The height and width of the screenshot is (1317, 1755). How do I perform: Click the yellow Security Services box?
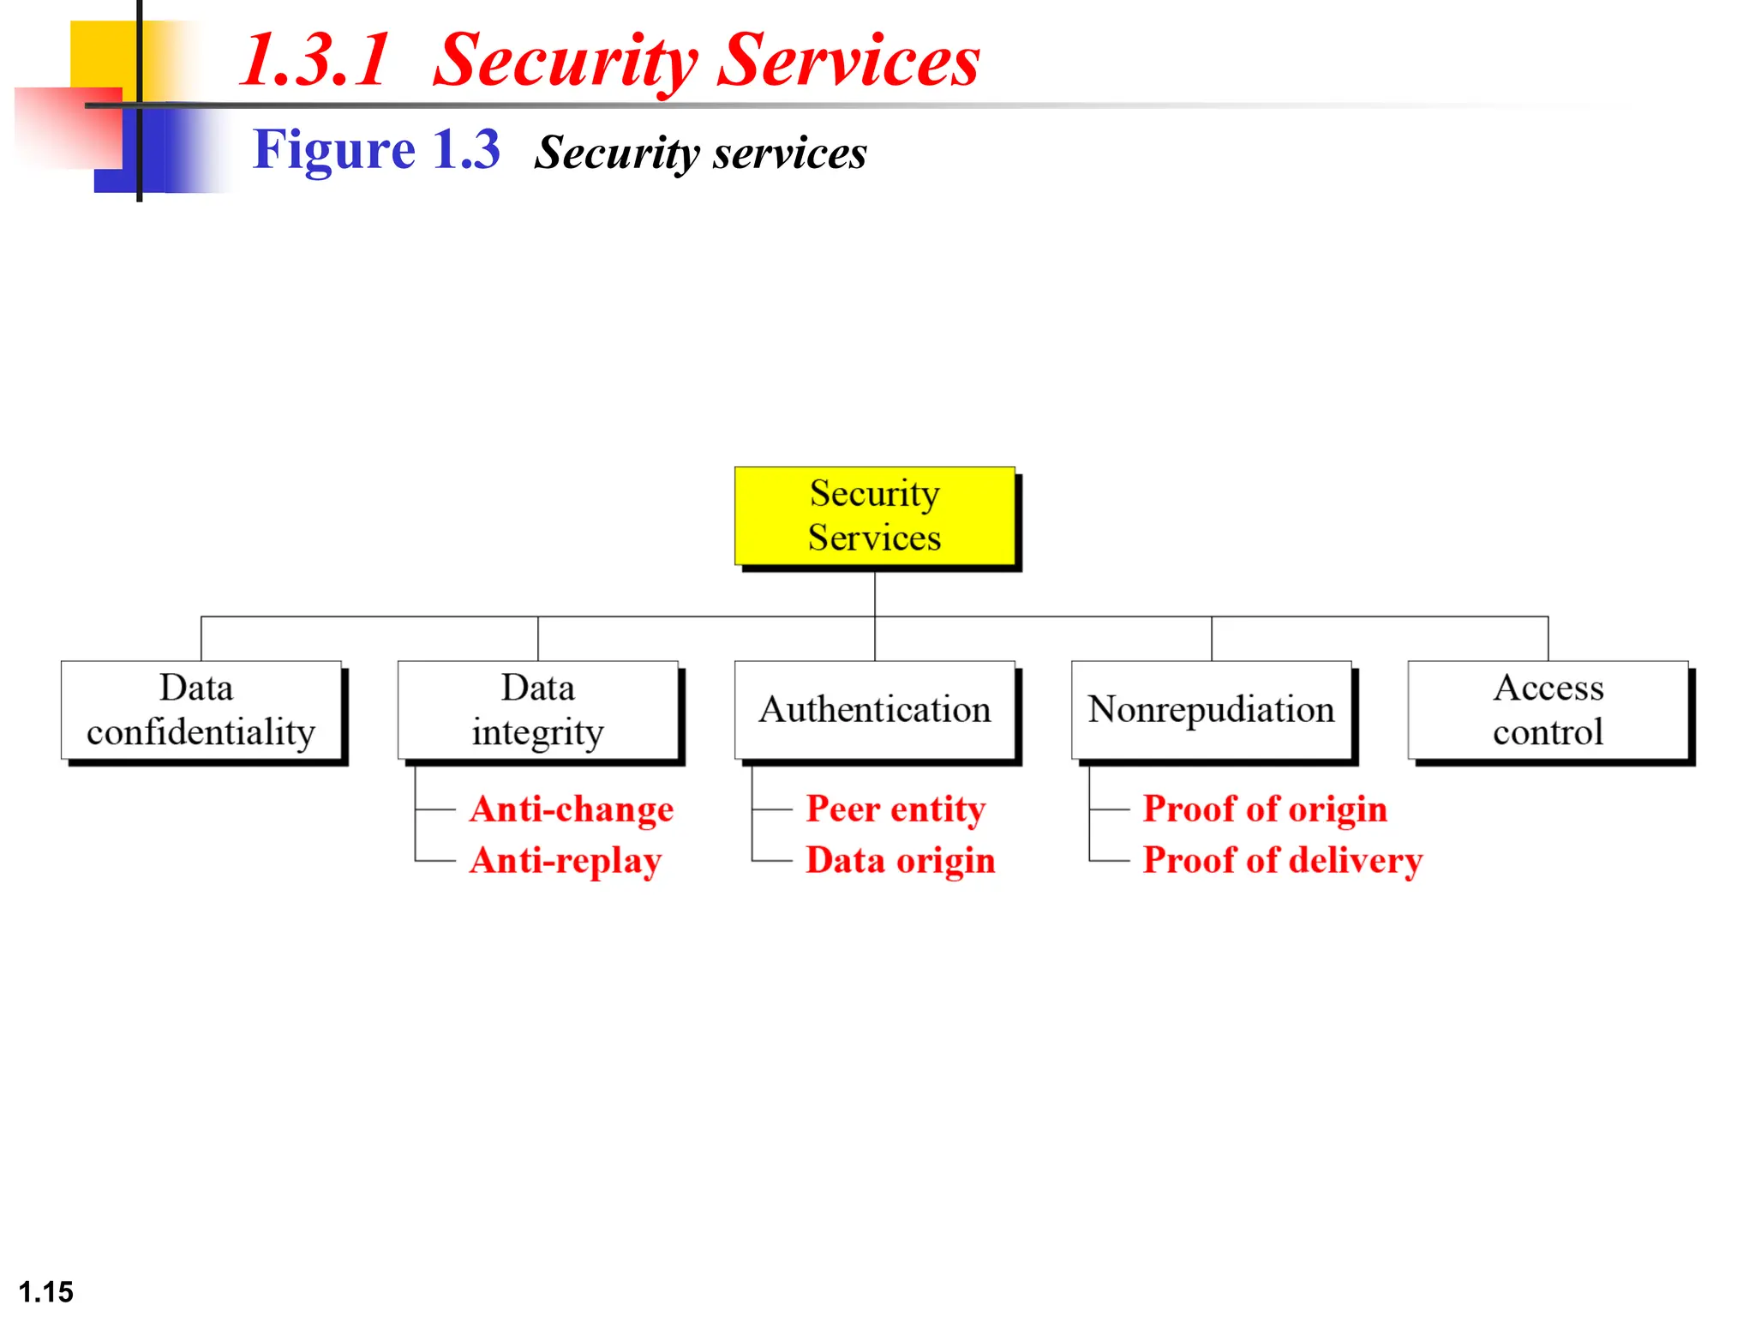pos(874,515)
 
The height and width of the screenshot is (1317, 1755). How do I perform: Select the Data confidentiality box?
pos(201,710)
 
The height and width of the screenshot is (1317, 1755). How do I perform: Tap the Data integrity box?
pos(538,710)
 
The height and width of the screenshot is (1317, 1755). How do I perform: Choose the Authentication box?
pos(874,710)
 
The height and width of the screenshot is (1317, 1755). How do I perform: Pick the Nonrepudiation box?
pos(1211,710)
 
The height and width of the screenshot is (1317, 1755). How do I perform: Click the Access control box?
pos(1548,710)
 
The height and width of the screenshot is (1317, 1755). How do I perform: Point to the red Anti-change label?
pos(572,809)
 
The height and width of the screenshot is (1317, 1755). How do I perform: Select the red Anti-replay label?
pos(566,861)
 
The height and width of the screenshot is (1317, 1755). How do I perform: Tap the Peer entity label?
pos(895,809)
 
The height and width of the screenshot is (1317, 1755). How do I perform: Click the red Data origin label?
pos(901,861)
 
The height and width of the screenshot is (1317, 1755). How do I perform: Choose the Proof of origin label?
pos(1265,809)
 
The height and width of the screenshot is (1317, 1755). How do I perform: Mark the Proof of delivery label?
pos(1282,861)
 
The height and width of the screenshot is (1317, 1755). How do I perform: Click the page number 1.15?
pos(46,1291)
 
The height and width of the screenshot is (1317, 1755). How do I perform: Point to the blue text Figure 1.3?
pos(376,150)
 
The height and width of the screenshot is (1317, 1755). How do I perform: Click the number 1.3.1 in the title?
pos(315,60)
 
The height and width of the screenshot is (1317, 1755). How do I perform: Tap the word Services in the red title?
pos(848,60)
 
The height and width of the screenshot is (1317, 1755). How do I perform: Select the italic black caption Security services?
pos(700,153)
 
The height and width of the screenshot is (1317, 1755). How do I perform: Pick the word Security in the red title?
pos(566,60)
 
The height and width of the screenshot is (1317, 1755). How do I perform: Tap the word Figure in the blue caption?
pos(334,150)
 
